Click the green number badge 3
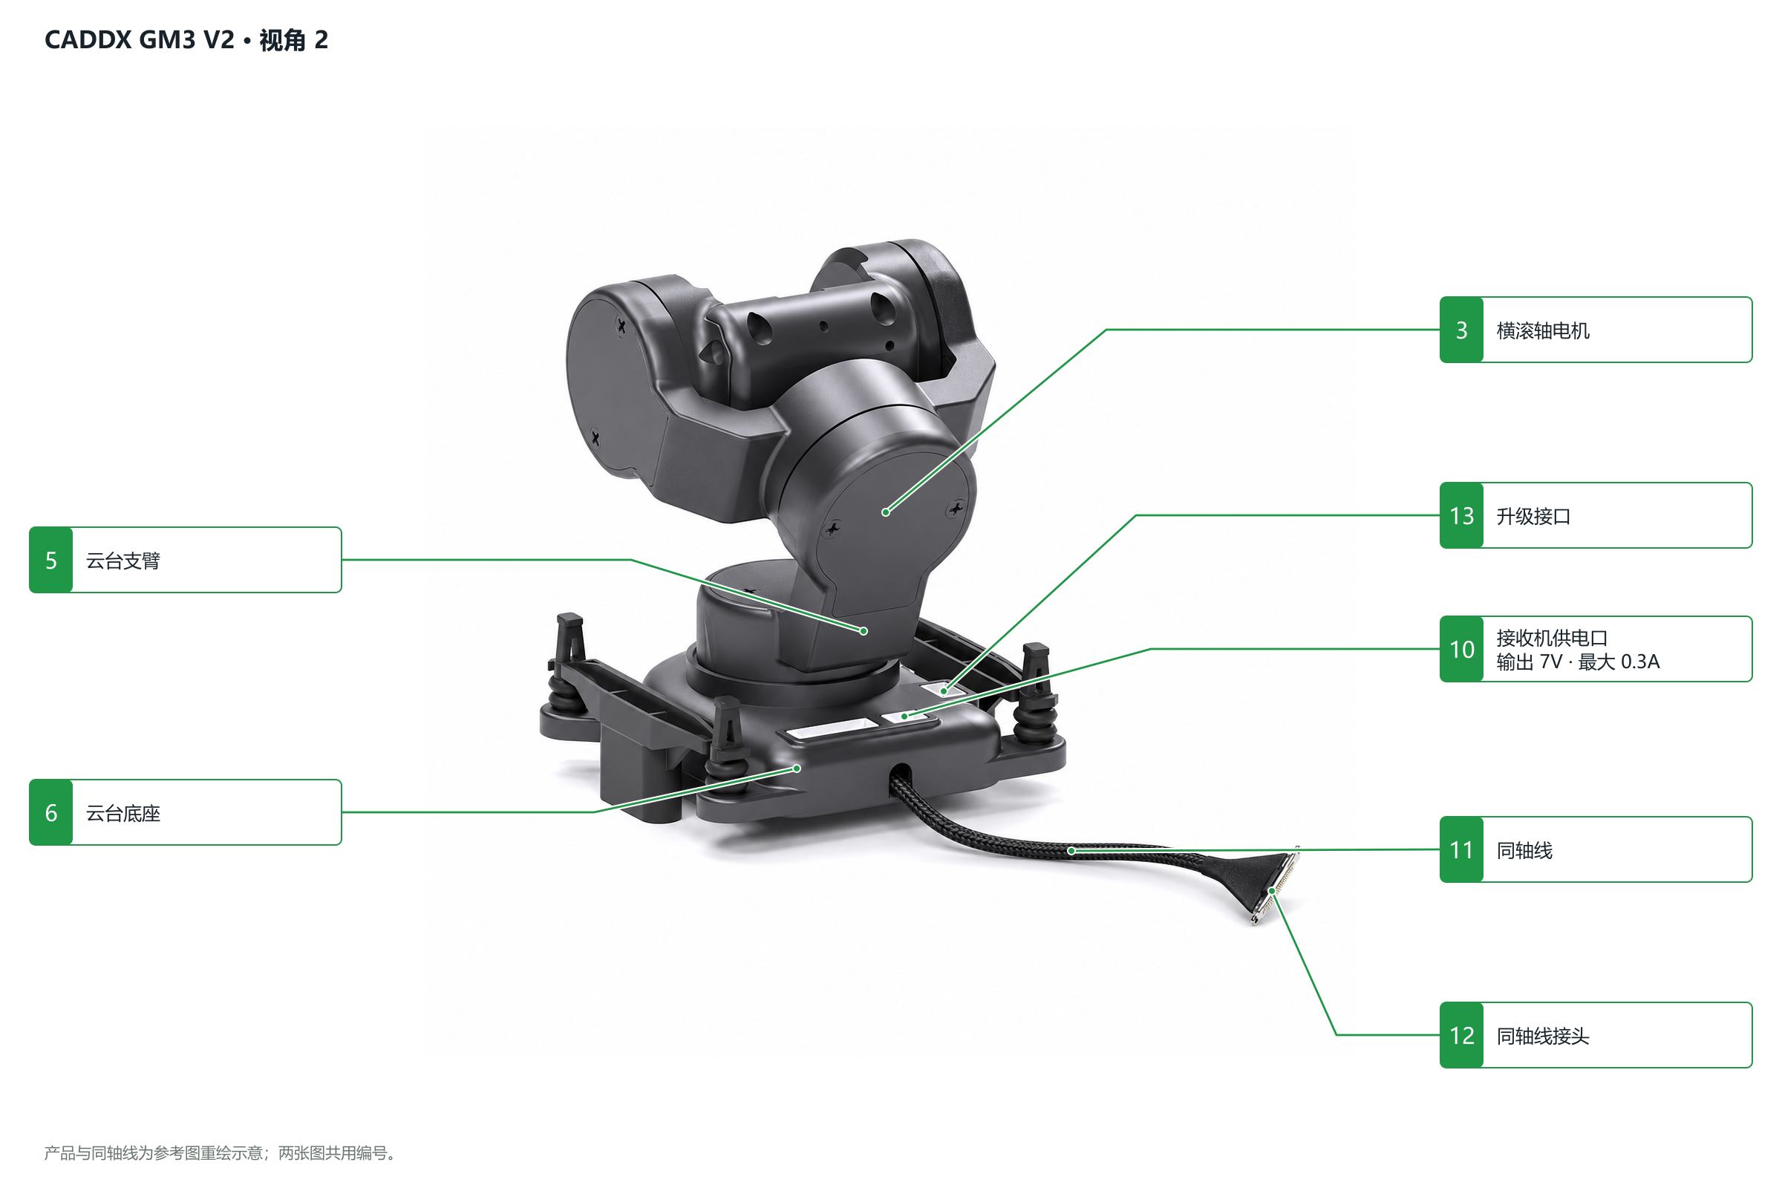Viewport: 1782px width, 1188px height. pyautogui.click(x=1461, y=330)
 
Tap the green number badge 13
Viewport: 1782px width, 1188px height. pyautogui.click(x=1461, y=516)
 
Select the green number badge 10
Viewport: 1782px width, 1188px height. pyautogui.click(x=1461, y=649)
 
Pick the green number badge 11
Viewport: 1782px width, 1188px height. pyautogui.click(x=1461, y=850)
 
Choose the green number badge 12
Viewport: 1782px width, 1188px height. pyautogui.click(x=1461, y=1036)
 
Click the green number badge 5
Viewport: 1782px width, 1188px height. pyautogui.click(x=50, y=561)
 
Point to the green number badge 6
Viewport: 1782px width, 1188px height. pyautogui.click(x=50, y=813)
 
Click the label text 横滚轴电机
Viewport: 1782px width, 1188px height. pyautogui.click(x=1543, y=331)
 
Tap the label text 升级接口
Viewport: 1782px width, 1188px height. pyautogui.click(x=1533, y=517)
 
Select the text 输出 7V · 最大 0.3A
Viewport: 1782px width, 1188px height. pyautogui.click(x=1579, y=662)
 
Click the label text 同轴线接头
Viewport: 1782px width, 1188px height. pyautogui.click(x=1543, y=1037)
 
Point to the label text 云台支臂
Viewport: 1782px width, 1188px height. pyautogui.click(x=123, y=561)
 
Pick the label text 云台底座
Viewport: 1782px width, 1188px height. pyautogui.click(x=123, y=814)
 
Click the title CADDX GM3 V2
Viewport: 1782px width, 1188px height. pyautogui.click(x=140, y=39)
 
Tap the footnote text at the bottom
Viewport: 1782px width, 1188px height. pyautogui.click(x=220, y=1153)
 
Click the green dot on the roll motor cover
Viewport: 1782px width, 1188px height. pyautogui.click(x=886, y=512)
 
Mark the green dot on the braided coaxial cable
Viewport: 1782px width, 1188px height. pyautogui.click(x=1071, y=852)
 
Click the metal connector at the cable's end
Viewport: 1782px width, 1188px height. pyautogui.click(x=1276, y=887)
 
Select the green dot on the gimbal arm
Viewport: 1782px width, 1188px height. pyautogui.click(x=864, y=631)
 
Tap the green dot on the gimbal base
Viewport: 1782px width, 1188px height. pyautogui.click(x=797, y=769)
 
